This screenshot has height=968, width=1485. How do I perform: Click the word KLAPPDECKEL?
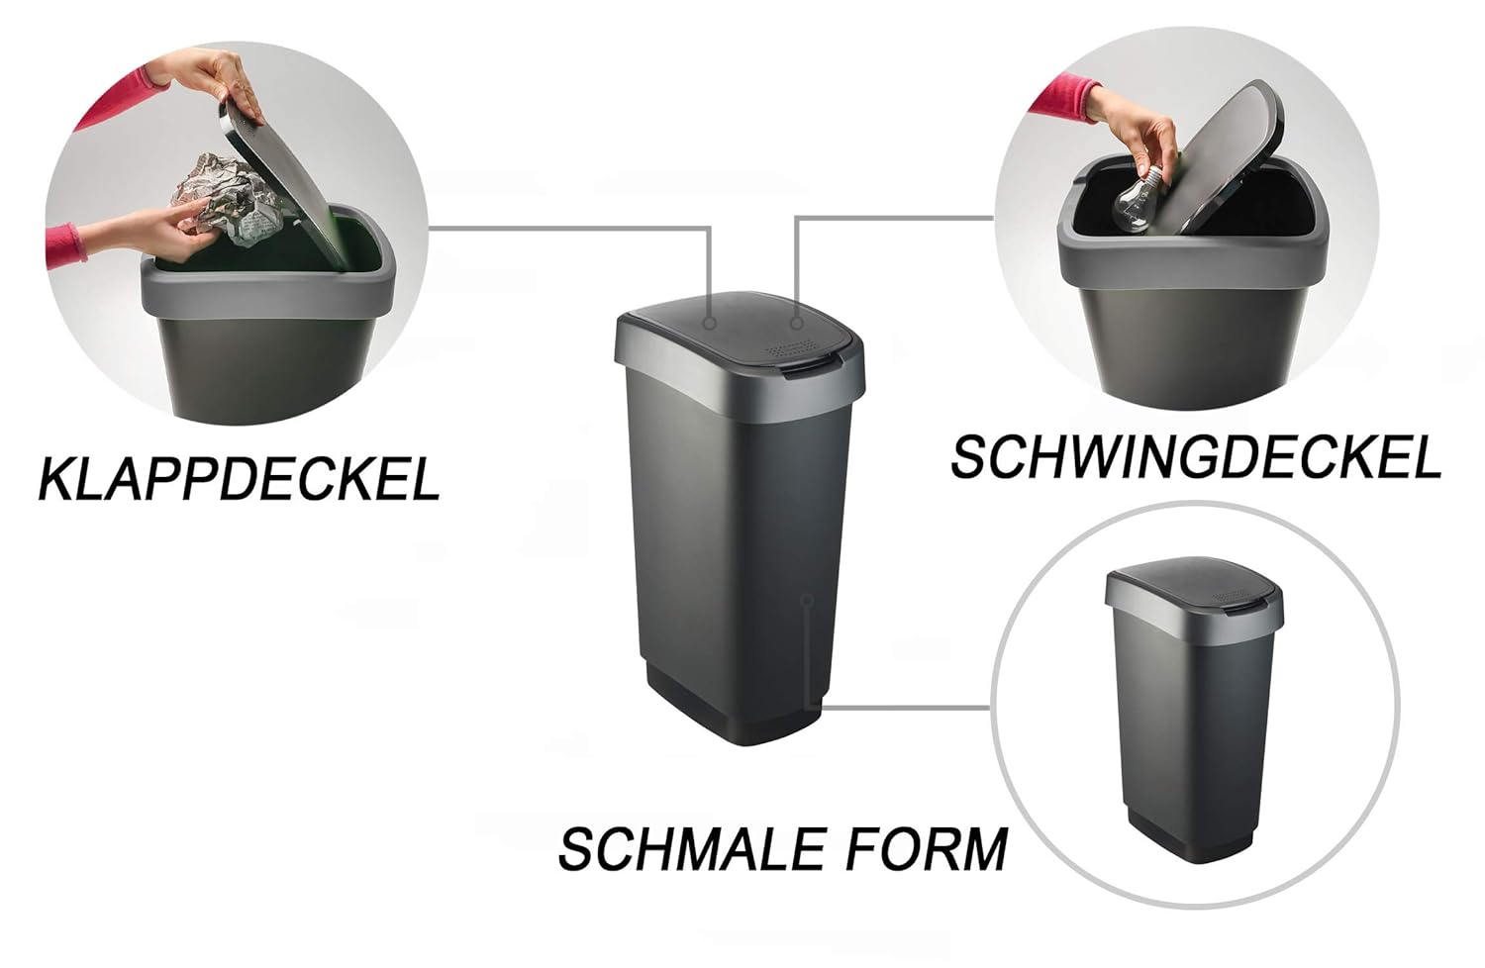pyautogui.click(x=239, y=478)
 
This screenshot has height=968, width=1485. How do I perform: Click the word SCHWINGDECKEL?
pyautogui.click(x=1195, y=457)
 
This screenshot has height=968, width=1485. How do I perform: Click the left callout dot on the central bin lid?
pyautogui.click(x=710, y=323)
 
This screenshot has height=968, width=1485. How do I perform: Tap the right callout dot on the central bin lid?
pyautogui.click(x=797, y=323)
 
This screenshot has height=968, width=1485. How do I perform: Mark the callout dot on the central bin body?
pyautogui.click(x=808, y=600)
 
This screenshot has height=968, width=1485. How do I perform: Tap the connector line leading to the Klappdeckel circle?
pyautogui.click(x=564, y=228)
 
